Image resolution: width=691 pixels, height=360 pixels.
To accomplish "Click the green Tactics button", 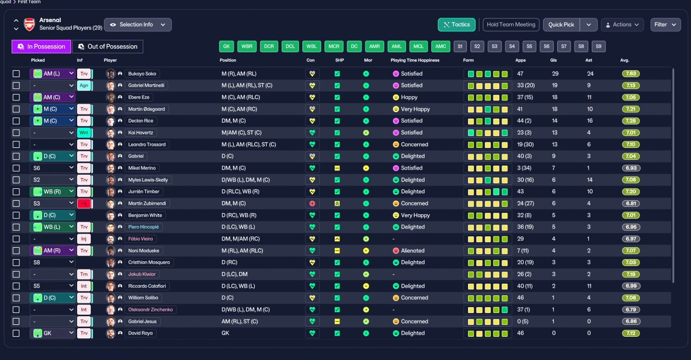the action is [456, 25].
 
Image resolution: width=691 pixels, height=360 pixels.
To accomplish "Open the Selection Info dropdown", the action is [138, 25].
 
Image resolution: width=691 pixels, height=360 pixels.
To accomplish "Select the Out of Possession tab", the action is [107, 46].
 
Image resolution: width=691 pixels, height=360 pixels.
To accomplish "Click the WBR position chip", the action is [247, 46].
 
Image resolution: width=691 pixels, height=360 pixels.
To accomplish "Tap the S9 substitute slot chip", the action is [599, 46].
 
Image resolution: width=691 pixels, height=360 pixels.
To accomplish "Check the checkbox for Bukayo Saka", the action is [16, 74].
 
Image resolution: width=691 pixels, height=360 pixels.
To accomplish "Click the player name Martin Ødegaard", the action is [146, 109].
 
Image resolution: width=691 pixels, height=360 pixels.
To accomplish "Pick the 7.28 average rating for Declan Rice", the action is [631, 121].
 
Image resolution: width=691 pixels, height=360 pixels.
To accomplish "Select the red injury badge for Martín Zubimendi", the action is [84, 203].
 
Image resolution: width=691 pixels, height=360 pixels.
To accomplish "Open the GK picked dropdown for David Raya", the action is [53, 333].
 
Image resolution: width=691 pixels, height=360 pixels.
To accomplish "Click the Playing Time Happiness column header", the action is [415, 60].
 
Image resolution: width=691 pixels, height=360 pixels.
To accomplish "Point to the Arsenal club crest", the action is [30, 24].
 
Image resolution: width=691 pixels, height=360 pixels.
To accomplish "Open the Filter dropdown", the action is [666, 25].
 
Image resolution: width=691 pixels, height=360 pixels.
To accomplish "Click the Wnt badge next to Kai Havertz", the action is [84, 133].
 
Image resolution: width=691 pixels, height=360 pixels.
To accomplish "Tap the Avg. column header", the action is [625, 60].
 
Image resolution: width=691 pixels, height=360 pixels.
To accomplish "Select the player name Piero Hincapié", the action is [144, 227].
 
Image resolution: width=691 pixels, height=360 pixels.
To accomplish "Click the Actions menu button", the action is [622, 25].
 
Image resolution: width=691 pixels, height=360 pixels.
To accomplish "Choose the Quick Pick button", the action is [561, 25].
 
